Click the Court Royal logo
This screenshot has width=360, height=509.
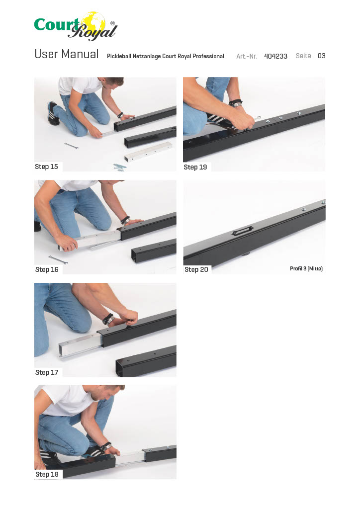[76, 26]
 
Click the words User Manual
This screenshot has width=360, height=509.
[67, 54]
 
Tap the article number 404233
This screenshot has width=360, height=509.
[275, 56]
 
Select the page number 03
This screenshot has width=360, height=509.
[321, 56]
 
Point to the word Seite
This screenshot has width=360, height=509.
[303, 56]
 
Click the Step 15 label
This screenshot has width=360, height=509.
[46, 167]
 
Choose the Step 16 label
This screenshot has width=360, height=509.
[47, 269]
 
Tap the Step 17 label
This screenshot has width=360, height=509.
[47, 372]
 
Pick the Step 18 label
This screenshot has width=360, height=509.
[47, 474]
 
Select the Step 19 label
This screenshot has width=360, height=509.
[195, 167]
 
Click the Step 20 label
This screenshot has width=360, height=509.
[196, 269]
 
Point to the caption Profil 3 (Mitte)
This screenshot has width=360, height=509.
[306, 268]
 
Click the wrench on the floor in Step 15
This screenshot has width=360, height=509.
[72, 146]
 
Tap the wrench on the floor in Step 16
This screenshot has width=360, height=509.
[58, 259]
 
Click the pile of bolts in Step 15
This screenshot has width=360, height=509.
[120, 167]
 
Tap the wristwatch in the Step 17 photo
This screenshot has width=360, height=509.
[108, 319]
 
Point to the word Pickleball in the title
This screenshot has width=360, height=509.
[119, 56]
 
